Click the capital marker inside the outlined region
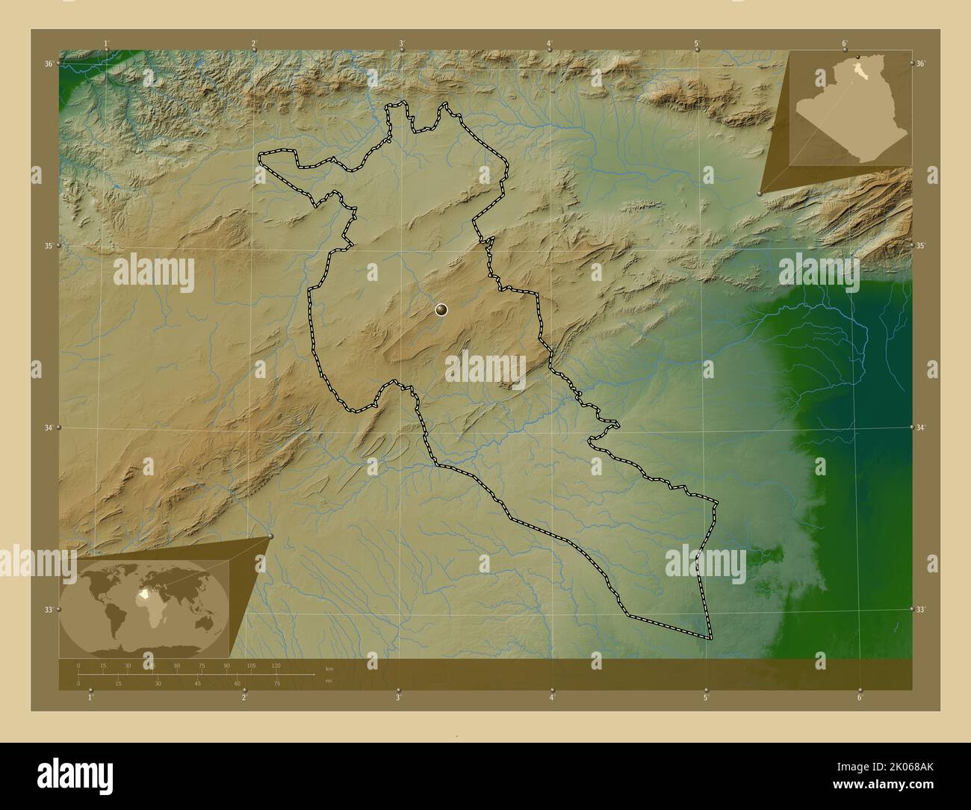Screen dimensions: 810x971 pos(441,309)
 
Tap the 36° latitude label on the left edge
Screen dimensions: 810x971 pos(48,64)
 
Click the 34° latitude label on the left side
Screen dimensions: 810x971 pos(48,428)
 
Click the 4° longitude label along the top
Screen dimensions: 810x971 pos(550,43)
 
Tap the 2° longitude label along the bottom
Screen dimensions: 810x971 pos(244,698)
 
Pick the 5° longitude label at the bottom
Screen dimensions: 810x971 pos(706,698)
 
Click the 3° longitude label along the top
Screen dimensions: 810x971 pos(401,43)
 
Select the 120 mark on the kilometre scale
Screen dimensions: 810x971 pos(276,665)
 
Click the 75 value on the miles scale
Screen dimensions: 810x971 pos(276,683)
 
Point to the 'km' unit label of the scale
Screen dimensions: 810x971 pos(329,669)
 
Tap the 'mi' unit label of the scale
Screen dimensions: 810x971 pos(329,681)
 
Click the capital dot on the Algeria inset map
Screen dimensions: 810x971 pos(858,58)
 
